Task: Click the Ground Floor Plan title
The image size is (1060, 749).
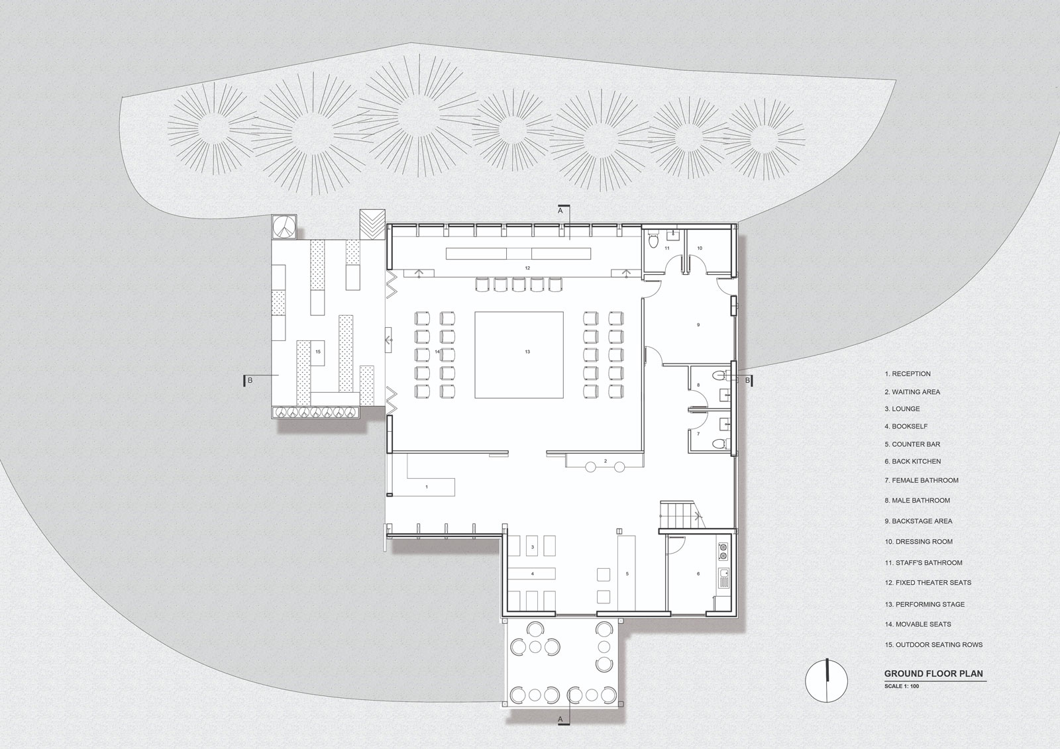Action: (933, 674)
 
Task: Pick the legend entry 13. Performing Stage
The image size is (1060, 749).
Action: (925, 604)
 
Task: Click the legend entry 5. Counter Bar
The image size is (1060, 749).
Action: (912, 444)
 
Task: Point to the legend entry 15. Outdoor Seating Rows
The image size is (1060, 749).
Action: (933, 644)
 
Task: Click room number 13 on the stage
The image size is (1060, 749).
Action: (527, 352)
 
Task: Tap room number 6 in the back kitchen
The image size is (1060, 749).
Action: (698, 574)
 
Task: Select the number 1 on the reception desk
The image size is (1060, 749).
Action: (427, 486)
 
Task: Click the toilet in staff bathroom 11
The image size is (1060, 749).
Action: (653, 241)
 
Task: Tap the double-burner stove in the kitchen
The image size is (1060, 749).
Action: (723, 552)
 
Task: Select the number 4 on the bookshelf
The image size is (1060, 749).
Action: (533, 574)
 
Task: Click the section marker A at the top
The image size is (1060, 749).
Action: (560, 211)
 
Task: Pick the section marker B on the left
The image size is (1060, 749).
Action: (250, 380)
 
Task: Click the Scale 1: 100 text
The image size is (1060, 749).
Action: (902, 685)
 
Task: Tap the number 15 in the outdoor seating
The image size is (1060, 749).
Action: (318, 352)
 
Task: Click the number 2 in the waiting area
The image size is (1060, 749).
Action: (606, 461)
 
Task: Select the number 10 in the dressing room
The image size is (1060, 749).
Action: (700, 248)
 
